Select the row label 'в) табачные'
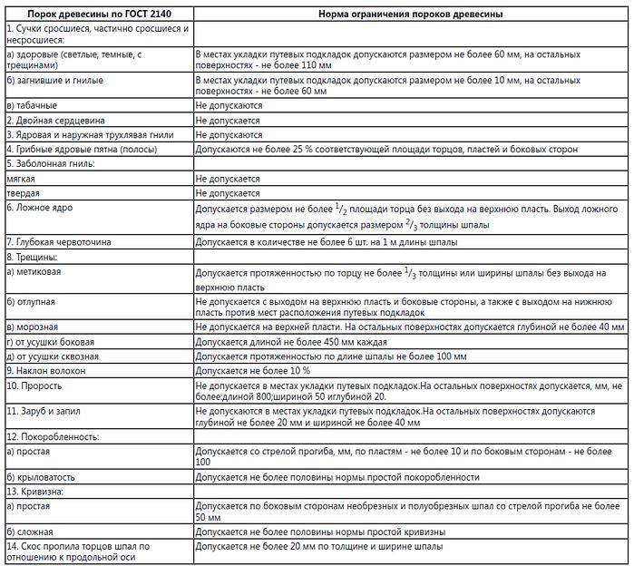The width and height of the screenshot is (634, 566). pos(31,105)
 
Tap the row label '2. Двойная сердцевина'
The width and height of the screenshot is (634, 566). pos(55,120)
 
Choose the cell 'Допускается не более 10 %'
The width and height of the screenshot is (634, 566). pos(253,371)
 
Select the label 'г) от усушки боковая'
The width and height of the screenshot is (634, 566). pos(54,342)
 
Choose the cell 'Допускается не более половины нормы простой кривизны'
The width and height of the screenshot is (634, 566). pos(320,532)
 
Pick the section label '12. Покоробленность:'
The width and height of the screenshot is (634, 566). pos(52,436)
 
